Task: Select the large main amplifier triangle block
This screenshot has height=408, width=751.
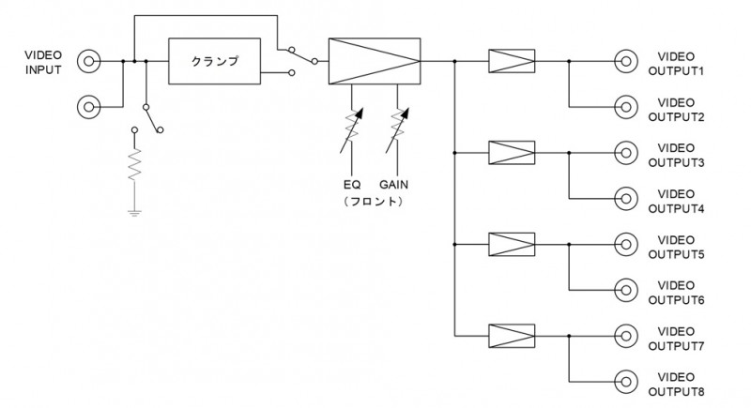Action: tap(374, 61)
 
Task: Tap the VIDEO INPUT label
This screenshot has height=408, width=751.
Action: tap(43, 63)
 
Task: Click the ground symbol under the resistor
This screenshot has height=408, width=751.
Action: tap(134, 213)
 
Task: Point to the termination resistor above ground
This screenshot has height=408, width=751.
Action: tap(134, 164)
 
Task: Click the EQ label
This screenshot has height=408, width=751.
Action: tap(352, 185)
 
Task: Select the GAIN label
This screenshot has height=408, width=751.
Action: tap(393, 185)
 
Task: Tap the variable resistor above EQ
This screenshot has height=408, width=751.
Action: tap(351, 129)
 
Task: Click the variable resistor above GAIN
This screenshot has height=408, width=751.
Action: tap(397, 129)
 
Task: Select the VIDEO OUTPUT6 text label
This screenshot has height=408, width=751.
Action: tap(676, 293)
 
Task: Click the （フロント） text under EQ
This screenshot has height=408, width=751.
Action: tap(373, 202)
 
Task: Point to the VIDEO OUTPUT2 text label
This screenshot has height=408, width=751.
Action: tap(676, 110)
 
